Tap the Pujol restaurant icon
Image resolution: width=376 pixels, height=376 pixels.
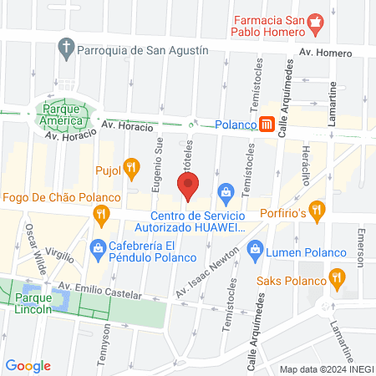[130, 168]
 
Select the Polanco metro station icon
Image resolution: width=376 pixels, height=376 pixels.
[267, 124]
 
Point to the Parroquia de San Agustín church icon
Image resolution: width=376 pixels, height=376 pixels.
[66, 49]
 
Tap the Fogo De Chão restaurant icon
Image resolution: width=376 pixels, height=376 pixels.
[101, 216]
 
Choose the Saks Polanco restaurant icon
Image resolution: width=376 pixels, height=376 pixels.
[336, 277]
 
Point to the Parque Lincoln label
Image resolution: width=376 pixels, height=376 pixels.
[33, 301]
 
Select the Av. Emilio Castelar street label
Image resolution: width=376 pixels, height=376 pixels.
[98, 293]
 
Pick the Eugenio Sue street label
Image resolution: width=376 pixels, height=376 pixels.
[156, 168]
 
